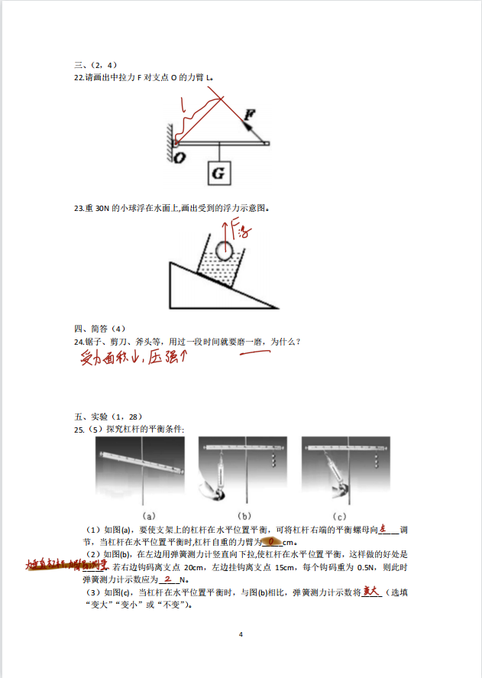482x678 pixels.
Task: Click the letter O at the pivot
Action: [179, 157]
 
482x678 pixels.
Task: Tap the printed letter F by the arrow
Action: [250, 115]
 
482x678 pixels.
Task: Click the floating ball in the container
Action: [224, 250]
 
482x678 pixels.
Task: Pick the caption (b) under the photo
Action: [245, 515]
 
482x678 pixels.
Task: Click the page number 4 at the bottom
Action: [241, 634]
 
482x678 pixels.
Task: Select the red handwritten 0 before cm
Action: [270, 542]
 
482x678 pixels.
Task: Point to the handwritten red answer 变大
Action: [371, 591]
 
